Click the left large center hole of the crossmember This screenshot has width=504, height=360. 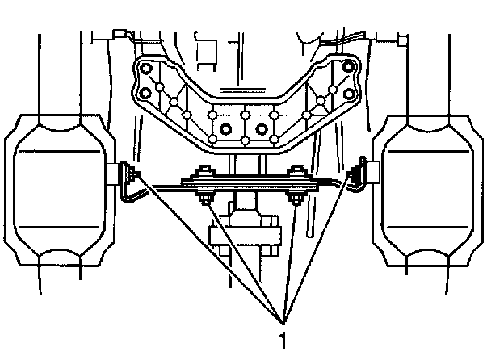226,128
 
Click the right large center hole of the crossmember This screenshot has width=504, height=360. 262,128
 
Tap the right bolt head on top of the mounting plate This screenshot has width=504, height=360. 297,172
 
